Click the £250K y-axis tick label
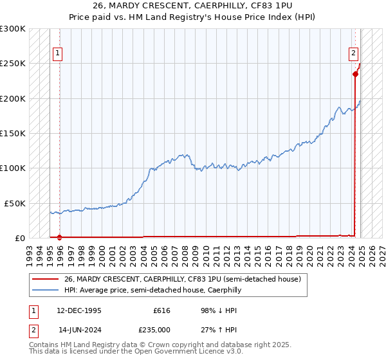click(12, 64)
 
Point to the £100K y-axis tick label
click(12, 168)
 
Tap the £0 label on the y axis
click(19, 238)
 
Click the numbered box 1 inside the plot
click(58, 53)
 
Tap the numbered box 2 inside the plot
click(354, 53)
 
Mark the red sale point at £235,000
click(355, 74)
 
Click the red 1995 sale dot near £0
click(59, 237)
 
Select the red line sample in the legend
click(44, 280)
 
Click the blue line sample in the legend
click(44, 291)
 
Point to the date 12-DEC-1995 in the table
click(79, 310)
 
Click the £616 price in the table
click(161, 310)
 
